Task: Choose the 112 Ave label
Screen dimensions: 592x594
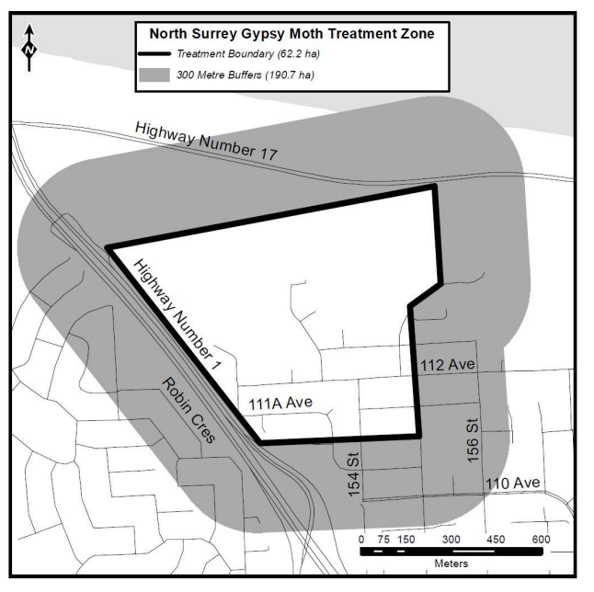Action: click(x=448, y=365)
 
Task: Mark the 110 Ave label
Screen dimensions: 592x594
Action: click(x=516, y=483)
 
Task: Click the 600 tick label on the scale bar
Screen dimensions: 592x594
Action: click(x=541, y=539)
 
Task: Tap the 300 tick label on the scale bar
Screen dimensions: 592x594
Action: click(x=451, y=539)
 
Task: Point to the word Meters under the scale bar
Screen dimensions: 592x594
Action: click(x=450, y=562)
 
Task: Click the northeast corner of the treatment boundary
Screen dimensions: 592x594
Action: click(x=434, y=187)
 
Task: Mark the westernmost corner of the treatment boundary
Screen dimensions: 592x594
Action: click(x=108, y=247)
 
